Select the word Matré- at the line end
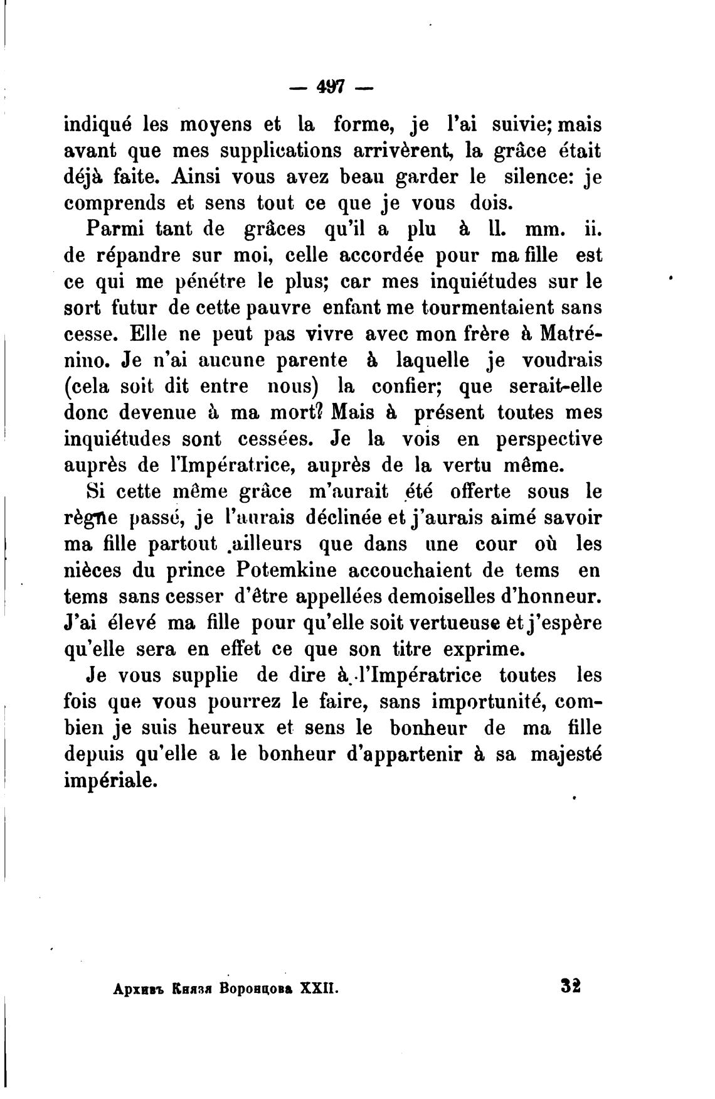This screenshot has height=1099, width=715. (x=571, y=334)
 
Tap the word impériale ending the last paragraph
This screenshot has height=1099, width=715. (x=110, y=782)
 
